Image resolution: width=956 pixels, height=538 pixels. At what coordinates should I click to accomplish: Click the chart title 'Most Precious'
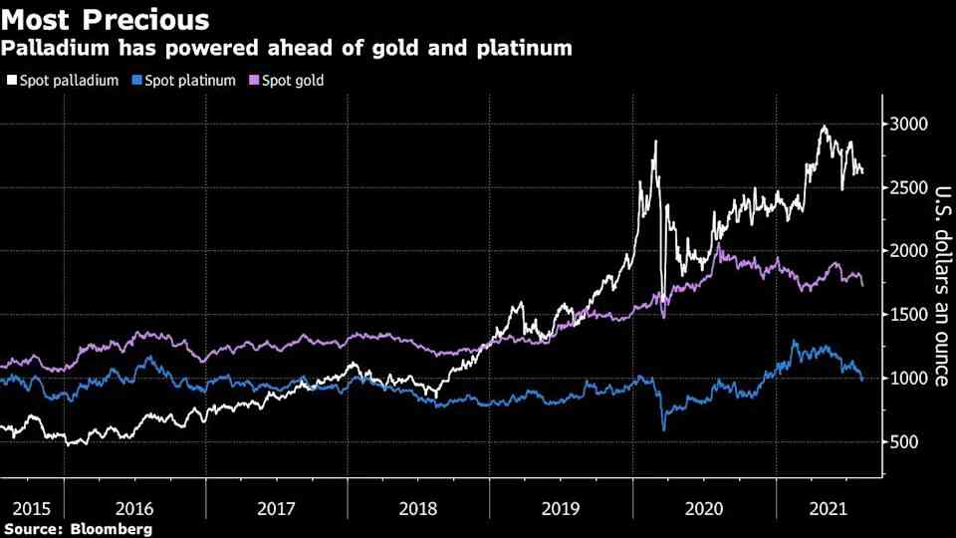click(107, 19)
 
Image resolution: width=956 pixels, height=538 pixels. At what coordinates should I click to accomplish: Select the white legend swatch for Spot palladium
click(10, 80)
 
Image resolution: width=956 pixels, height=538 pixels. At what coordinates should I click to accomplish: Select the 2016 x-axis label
click(133, 509)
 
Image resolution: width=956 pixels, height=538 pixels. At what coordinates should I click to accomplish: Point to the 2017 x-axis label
click(276, 509)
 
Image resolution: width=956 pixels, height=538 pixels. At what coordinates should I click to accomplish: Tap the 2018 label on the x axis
click(418, 509)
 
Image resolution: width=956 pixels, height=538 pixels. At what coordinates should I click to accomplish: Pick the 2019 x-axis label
click(562, 509)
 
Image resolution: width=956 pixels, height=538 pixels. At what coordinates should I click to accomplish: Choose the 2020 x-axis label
click(704, 509)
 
